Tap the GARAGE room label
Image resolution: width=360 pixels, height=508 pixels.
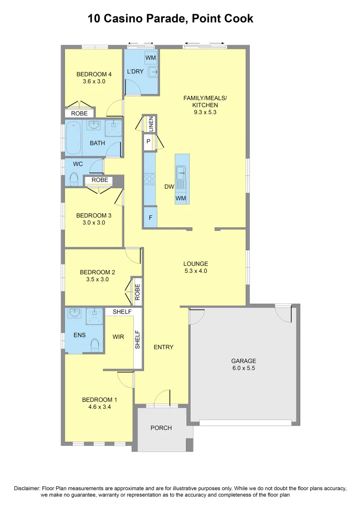(x=243, y=361)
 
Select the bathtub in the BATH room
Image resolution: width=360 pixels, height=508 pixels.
(x=73, y=138)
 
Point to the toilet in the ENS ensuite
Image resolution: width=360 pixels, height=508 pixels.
(x=95, y=345)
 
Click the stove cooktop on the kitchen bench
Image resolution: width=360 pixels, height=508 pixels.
(x=150, y=179)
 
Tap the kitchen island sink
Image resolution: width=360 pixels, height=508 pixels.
(x=181, y=173)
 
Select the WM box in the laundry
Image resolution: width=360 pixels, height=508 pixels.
(x=151, y=58)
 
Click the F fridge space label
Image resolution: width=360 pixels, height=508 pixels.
(x=150, y=218)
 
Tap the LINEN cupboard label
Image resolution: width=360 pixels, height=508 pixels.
(x=151, y=124)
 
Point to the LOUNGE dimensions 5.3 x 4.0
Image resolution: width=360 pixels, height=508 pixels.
(x=195, y=271)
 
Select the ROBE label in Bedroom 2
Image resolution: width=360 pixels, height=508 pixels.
(x=137, y=292)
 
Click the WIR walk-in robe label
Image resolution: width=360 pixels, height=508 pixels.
(x=118, y=337)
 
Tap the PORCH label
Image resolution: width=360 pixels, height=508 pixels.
(x=161, y=428)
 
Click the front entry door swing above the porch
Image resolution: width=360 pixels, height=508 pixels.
(x=162, y=398)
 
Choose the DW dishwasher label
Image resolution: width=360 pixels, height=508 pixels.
(x=169, y=187)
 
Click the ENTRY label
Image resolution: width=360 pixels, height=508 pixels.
(x=164, y=347)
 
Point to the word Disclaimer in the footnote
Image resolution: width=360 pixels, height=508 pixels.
(x=28, y=488)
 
